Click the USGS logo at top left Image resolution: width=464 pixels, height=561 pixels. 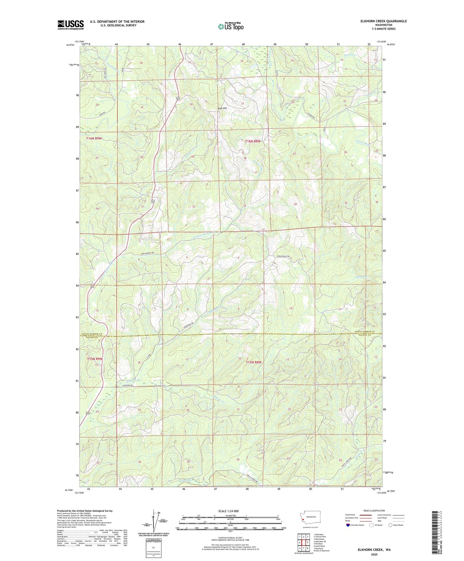(70, 25)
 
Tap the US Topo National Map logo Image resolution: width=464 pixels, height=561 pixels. (231, 26)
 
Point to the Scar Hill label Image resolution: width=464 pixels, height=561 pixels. (222, 108)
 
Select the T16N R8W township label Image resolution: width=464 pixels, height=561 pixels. (253, 141)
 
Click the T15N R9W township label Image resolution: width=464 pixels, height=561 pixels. (95, 359)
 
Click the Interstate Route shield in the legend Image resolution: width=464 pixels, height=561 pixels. (348, 525)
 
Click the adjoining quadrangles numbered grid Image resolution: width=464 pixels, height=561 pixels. (303, 542)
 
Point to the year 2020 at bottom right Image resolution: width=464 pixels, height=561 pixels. (374, 554)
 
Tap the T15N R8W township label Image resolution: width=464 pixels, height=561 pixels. (254, 362)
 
